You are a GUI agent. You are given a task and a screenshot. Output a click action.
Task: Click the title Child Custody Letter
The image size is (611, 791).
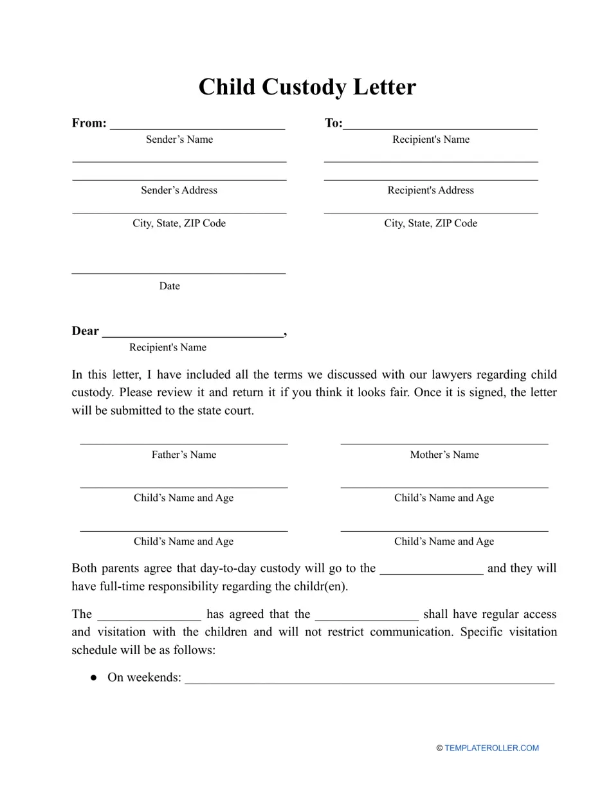coord(307,87)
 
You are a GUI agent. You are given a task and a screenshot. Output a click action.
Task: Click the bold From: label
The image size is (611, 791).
coord(89,123)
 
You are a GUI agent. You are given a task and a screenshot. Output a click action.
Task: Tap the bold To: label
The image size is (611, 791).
coord(333,123)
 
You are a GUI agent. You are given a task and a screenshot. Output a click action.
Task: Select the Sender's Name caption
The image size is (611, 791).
coord(179,140)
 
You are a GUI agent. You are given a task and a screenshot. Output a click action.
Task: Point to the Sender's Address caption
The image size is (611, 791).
coord(179,190)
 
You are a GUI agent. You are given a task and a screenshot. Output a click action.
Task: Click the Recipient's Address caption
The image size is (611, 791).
coord(430,190)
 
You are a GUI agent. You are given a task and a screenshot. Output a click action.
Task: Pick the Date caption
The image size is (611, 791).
coord(169,286)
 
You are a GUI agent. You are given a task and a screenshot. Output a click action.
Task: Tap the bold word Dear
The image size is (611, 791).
coord(86,331)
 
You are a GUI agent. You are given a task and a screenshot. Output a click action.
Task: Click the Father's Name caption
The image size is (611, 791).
coord(183,455)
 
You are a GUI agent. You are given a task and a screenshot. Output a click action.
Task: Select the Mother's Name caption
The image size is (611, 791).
coord(444,455)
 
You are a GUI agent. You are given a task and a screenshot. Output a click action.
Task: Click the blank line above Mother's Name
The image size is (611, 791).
coord(444,443)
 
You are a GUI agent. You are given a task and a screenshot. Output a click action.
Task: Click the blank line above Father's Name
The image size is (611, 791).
coord(183,443)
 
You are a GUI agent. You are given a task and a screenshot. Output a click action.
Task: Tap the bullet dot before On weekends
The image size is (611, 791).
coord(94,678)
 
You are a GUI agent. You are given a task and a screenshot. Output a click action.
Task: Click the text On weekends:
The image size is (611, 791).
coord(144,678)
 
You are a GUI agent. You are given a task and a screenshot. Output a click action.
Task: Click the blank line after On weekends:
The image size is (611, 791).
coord(369,682)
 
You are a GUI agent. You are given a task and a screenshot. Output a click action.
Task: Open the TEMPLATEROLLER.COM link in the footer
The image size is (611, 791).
coord(491,748)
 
